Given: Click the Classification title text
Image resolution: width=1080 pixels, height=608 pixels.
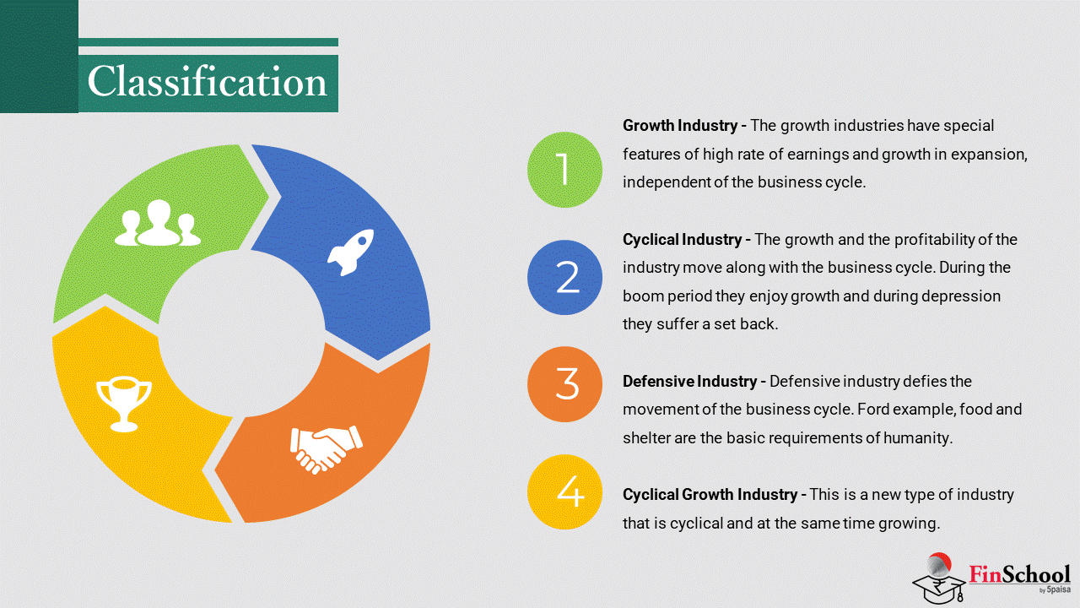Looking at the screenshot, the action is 208,82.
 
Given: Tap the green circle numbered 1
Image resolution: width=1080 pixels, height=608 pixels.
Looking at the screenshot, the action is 564,170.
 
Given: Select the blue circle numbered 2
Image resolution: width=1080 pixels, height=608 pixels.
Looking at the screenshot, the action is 564,278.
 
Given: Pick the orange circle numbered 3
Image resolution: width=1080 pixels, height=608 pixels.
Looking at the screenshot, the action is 564,384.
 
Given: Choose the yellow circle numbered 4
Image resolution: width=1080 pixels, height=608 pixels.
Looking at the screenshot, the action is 564,491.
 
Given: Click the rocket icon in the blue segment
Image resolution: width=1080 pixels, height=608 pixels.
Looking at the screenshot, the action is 350,252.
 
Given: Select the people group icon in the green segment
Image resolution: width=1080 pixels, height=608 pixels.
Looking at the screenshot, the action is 158,223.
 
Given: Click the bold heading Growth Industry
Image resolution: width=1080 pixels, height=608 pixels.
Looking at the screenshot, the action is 680,126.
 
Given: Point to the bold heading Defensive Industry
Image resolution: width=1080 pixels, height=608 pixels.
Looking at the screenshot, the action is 689,382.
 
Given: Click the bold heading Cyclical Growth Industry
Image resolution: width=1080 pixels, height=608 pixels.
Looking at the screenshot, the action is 710,495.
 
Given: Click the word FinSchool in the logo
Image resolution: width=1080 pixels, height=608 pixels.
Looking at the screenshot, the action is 1019,574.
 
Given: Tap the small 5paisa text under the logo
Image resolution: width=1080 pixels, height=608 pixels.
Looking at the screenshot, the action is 1058,589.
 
